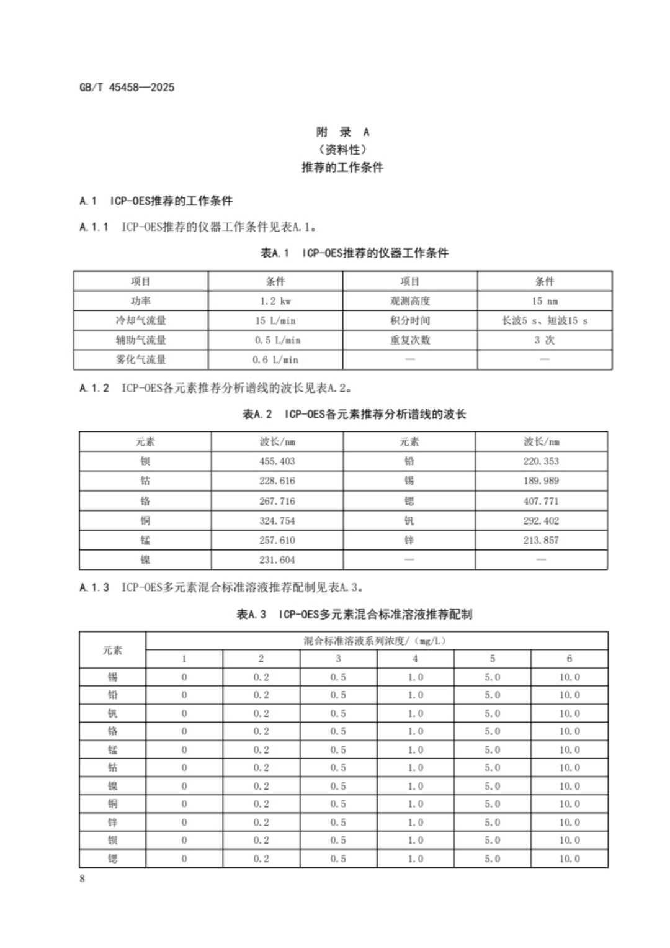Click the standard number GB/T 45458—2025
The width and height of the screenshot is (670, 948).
click(x=127, y=88)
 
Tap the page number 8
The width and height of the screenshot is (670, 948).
click(x=82, y=878)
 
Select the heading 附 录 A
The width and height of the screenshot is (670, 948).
click(x=342, y=132)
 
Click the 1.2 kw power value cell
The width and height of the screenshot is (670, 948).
click(x=275, y=301)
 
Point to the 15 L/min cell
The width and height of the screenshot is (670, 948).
click(x=275, y=320)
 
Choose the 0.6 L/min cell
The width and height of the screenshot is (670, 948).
click(x=275, y=359)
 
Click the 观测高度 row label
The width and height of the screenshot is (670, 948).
click(x=410, y=301)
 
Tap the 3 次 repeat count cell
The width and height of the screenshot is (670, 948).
click(x=544, y=340)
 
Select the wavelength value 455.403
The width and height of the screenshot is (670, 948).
click(x=277, y=461)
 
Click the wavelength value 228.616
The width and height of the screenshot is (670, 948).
click(x=277, y=481)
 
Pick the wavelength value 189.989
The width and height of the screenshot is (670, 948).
click(x=541, y=481)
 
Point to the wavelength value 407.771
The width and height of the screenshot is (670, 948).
click(x=541, y=501)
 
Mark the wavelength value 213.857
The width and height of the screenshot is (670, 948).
click(x=541, y=540)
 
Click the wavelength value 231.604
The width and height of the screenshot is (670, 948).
click(x=277, y=560)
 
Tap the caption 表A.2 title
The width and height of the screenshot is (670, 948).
click(x=354, y=414)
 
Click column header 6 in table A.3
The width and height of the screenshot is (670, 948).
click(x=569, y=659)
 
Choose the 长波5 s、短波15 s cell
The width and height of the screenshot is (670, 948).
click(x=544, y=320)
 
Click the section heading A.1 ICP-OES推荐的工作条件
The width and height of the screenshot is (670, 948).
click(x=156, y=201)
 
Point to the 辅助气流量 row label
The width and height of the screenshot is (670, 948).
click(x=141, y=340)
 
